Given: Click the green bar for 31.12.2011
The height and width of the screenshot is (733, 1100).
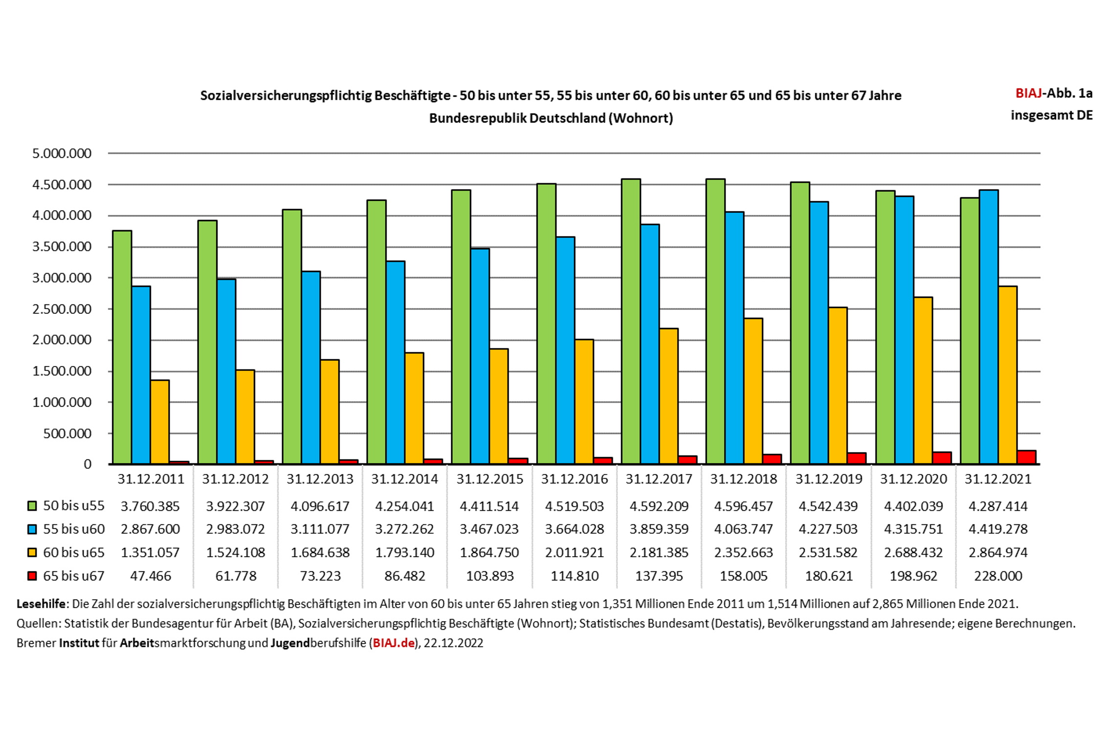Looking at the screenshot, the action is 122,347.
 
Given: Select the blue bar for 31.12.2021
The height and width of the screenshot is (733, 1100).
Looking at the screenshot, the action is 989,326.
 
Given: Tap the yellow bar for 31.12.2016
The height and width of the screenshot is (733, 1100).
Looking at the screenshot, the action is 584,402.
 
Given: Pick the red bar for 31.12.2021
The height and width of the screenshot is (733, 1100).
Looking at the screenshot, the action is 1026,457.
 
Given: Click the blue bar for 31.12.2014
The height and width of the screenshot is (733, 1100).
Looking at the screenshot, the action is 396,362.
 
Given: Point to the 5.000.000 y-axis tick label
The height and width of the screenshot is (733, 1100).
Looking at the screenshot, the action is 62,153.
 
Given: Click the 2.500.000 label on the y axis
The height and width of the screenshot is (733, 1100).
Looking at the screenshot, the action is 62,309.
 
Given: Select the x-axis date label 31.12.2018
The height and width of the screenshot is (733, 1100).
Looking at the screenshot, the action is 744,479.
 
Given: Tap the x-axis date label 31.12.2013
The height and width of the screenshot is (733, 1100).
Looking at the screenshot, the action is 320,479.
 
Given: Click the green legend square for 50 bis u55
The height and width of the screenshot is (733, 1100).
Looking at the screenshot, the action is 32,506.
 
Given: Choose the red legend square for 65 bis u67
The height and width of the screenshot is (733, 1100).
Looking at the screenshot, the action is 32,576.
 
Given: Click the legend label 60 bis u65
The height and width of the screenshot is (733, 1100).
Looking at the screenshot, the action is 74,552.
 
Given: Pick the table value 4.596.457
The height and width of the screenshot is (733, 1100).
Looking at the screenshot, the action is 744,506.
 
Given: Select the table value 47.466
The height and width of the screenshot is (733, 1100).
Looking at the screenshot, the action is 151,576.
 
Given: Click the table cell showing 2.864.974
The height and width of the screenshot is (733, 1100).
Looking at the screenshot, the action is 998,552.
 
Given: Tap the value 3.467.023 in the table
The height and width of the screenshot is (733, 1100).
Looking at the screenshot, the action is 489,529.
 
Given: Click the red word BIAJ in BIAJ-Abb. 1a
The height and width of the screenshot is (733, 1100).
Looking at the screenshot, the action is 1029,93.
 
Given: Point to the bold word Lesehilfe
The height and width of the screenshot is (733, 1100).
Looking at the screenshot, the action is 41,604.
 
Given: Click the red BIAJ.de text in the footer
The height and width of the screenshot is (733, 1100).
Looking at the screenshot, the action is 394,643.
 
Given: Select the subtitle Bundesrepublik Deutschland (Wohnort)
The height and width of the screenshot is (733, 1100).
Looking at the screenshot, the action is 551,118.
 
